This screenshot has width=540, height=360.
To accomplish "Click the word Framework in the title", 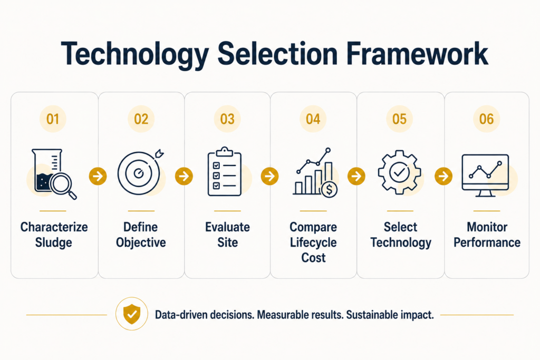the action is pos(417,54).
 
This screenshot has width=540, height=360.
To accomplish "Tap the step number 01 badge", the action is pos(53,119).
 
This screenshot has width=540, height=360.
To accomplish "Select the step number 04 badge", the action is pos(313,119).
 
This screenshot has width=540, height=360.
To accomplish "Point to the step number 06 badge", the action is pos(486,119).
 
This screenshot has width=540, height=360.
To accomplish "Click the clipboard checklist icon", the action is pos(225,171).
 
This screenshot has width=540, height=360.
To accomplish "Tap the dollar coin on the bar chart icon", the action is pos(329,189).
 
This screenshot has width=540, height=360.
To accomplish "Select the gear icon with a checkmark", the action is pos(400,172).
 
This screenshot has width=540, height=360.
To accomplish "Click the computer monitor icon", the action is pos(485,176).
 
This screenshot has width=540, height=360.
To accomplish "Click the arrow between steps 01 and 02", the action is pos(98,176).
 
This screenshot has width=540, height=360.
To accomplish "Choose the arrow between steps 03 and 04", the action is pos(269,176).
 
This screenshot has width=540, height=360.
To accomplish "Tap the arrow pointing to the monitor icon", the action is pos(443,176).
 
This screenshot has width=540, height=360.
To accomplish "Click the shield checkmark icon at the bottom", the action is pos(132,314).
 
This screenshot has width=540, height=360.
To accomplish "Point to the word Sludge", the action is pos(54,242).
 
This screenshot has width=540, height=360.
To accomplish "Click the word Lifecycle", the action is pos(313,242).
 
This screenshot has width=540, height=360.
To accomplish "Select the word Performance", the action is pos(487,242).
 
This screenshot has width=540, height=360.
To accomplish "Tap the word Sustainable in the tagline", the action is pos(369,315).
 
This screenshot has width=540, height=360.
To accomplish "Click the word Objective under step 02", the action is pos(141,242).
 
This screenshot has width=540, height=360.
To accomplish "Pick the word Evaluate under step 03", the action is pos(227,227).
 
